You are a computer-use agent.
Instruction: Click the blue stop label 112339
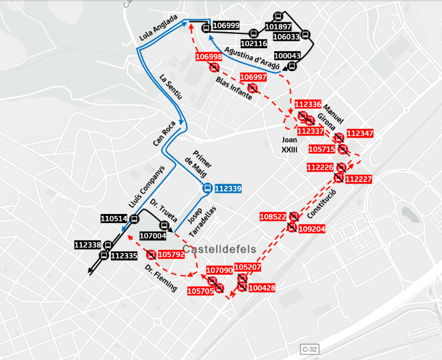(228, 189)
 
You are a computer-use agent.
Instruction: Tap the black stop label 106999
(225, 26)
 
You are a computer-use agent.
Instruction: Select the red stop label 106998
(209, 57)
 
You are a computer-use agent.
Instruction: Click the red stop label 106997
(252, 78)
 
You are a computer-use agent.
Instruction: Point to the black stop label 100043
(287, 56)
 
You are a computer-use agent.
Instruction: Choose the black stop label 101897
(277, 27)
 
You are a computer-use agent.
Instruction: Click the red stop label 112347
(359, 133)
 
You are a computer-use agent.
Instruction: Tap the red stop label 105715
(322, 149)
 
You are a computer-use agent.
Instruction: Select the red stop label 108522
(273, 217)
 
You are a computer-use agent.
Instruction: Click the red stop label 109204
(312, 229)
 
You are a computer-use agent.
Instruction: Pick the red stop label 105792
(171, 254)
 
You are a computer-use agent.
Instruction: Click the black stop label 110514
(114, 218)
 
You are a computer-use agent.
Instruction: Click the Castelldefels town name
(219, 249)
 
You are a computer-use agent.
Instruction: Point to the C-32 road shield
(309, 350)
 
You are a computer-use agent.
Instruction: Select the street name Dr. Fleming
(160, 278)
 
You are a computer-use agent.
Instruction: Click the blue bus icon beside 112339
(207, 188)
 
